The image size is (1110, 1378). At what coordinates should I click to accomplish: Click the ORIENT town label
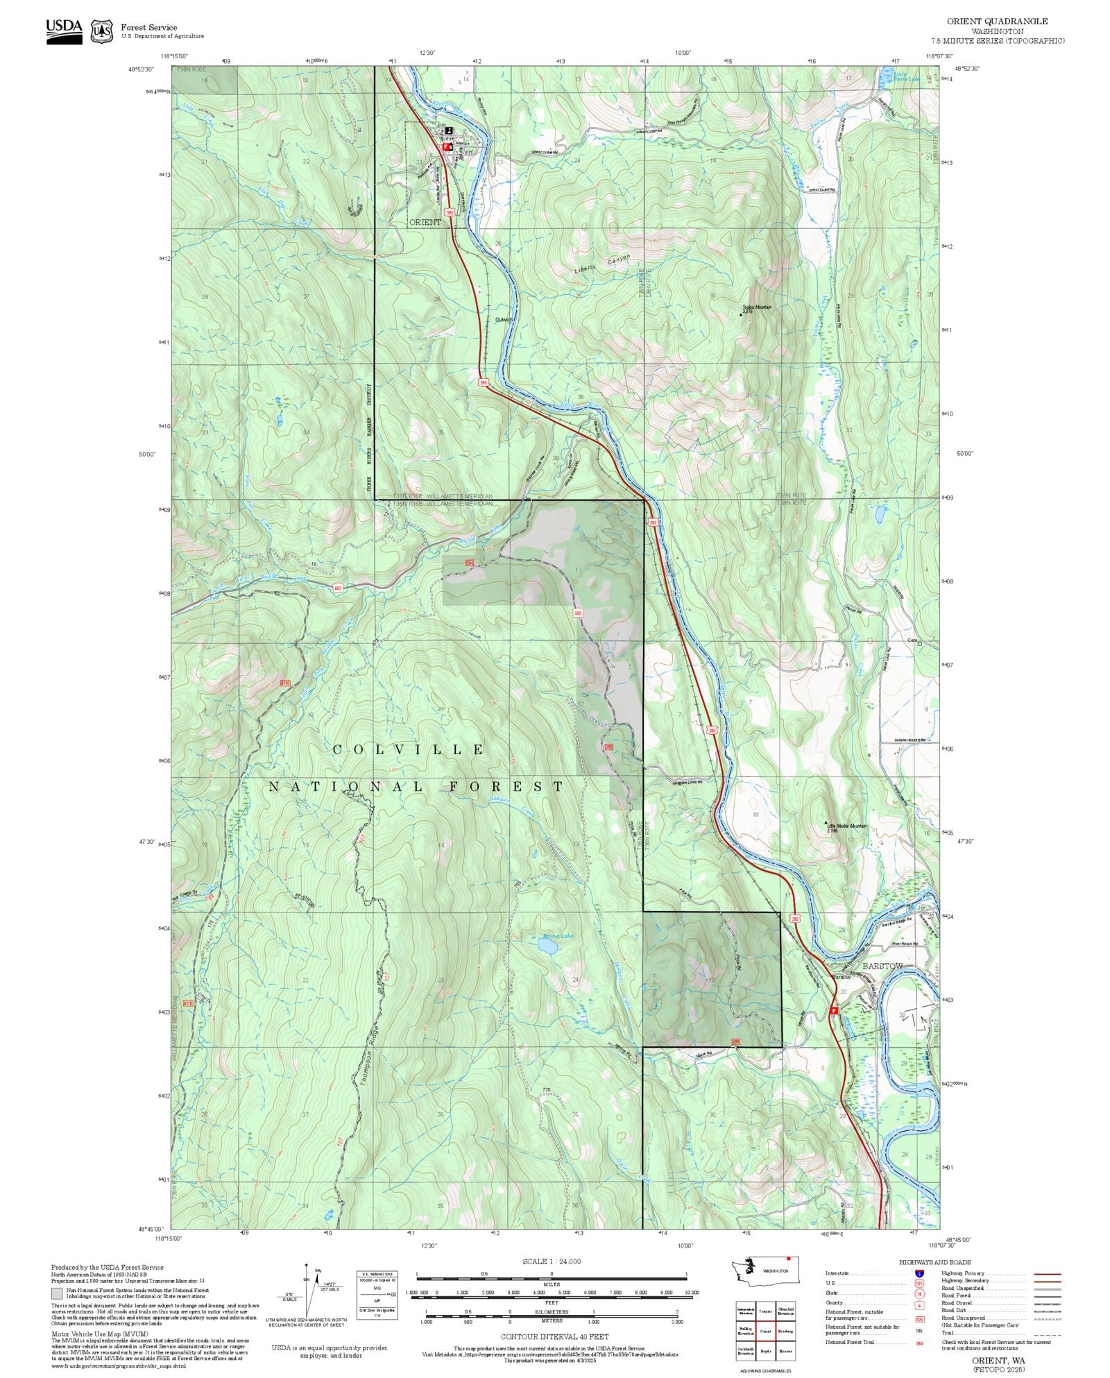click(x=425, y=222)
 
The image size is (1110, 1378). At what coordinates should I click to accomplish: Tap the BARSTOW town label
click(x=882, y=966)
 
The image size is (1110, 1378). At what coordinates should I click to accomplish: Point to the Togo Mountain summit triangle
click(x=741, y=314)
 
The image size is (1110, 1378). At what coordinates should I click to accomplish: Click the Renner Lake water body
click(x=545, y=945)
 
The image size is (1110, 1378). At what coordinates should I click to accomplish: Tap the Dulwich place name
click(x=504, y=320)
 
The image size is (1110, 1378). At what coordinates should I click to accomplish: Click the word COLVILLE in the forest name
click(x=409, y=749)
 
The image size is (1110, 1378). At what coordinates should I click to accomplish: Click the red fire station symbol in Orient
click(x=447, y=147)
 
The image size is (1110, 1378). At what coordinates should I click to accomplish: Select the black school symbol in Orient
click(x=449, y=130)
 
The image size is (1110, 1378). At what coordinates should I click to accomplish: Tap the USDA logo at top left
click(x=64, y=31)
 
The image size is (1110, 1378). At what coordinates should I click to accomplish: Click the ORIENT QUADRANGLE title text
click(x=997, y=22)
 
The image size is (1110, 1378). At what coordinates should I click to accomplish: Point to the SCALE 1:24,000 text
click(x=552, y=1261)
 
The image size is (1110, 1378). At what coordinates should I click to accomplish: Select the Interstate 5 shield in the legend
click(x=919, y=1274)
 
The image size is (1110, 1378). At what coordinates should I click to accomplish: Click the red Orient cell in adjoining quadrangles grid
click(x=765, y=1332)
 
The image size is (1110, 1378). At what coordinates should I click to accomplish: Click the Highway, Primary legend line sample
click(x=1048, y=1274)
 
